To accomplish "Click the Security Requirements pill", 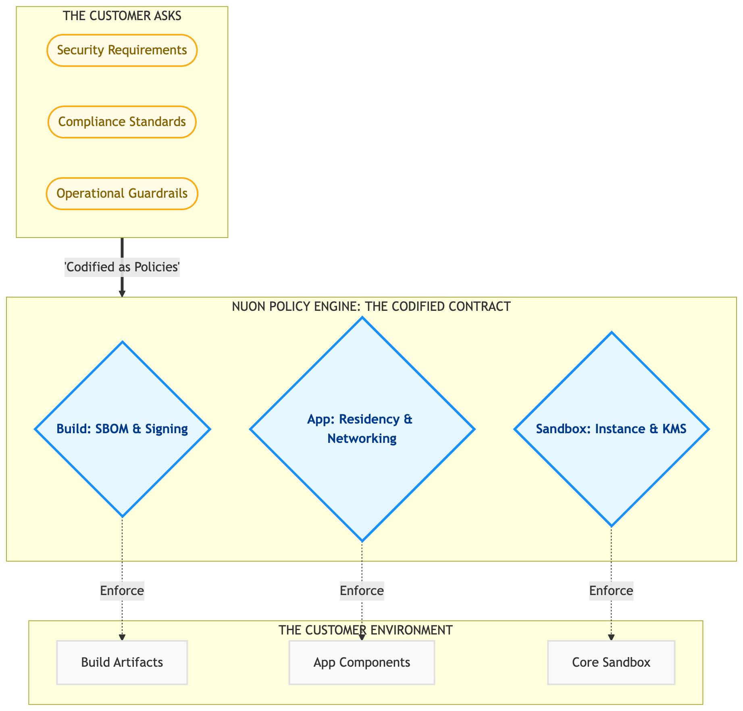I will [x=122, y=50].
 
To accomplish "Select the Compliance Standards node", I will [x=122, y=122].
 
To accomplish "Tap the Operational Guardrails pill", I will [x=122, y=194].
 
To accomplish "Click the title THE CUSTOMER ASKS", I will [x=122, y=16].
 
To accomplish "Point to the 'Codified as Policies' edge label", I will [x=122, y=267].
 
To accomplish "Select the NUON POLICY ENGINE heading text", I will [x=371, y=307].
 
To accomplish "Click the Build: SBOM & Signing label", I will [x=122, y=429].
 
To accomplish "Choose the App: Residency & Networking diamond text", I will [x=362, y=429].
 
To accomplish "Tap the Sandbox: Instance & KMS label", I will [x=611, y=429].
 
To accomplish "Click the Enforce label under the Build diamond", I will [x=122, y=591].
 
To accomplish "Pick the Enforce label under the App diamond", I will [x=362, y=591].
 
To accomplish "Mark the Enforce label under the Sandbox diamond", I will [x=611, y=591].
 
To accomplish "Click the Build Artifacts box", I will [x=122, y=662].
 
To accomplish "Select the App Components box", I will [x=362, y=662].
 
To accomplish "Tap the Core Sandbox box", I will [x=611, y=662].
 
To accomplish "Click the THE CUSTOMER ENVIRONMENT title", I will [x=365, y=630].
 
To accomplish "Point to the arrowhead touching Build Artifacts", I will [x=122, y=637].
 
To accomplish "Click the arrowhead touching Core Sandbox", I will [x=611, y=637].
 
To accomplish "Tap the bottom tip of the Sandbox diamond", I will [x=611, y=525].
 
